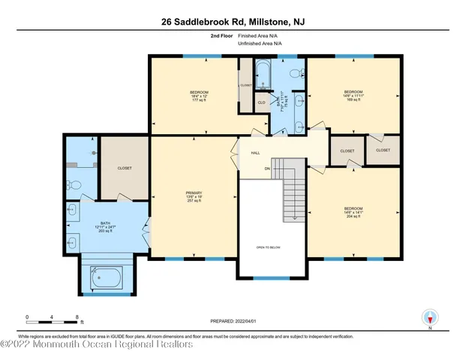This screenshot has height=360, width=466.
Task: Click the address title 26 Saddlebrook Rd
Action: point(233,22)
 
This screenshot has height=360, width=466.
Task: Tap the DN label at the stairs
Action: point(266,169)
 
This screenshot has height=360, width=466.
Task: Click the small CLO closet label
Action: point(261,102)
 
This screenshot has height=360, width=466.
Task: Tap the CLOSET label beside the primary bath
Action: point(125,168)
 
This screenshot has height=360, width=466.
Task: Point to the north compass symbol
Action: point(430,317)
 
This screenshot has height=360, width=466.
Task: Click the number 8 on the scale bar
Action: point(77,317)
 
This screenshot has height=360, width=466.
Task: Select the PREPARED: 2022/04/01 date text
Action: point(232,322)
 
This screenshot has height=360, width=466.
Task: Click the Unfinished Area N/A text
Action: point(260,43)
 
